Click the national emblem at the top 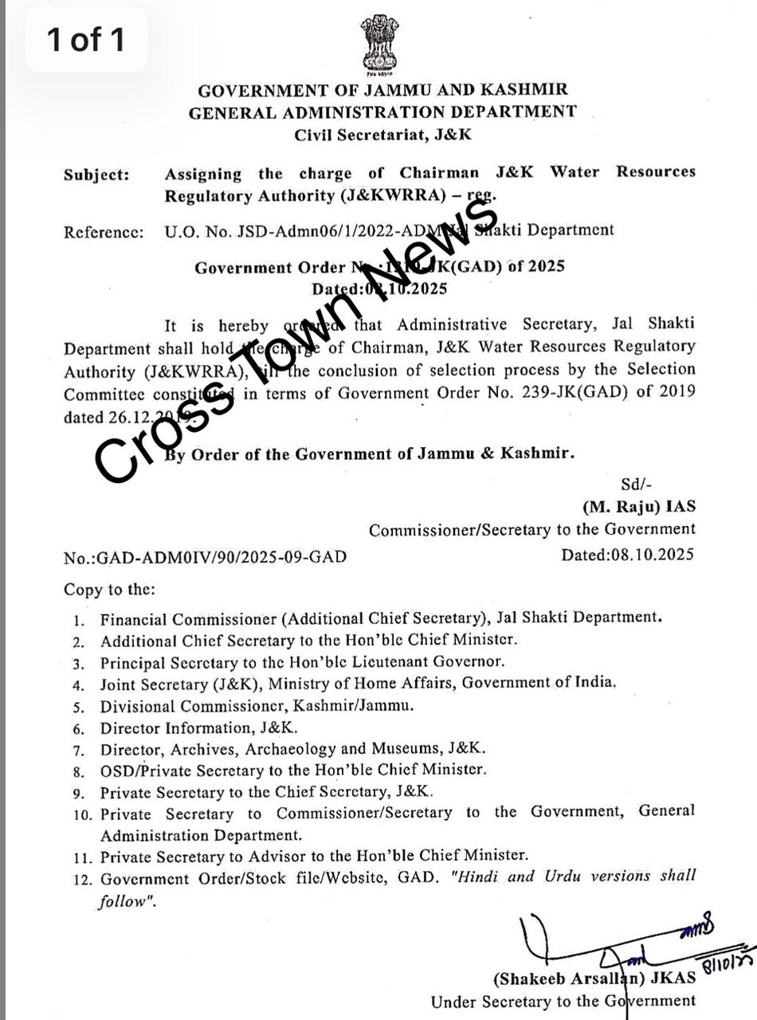[x=379, y=45]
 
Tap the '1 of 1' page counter [x=86, y=39]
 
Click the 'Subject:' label [x=96, y=175]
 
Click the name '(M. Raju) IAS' [x=638, y=507]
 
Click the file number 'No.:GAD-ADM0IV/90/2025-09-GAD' [x=206, y=557]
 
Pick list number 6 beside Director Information [x=78, y=728]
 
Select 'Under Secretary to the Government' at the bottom [x=563, y=1002]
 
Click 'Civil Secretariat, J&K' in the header [x=382, y=135]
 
